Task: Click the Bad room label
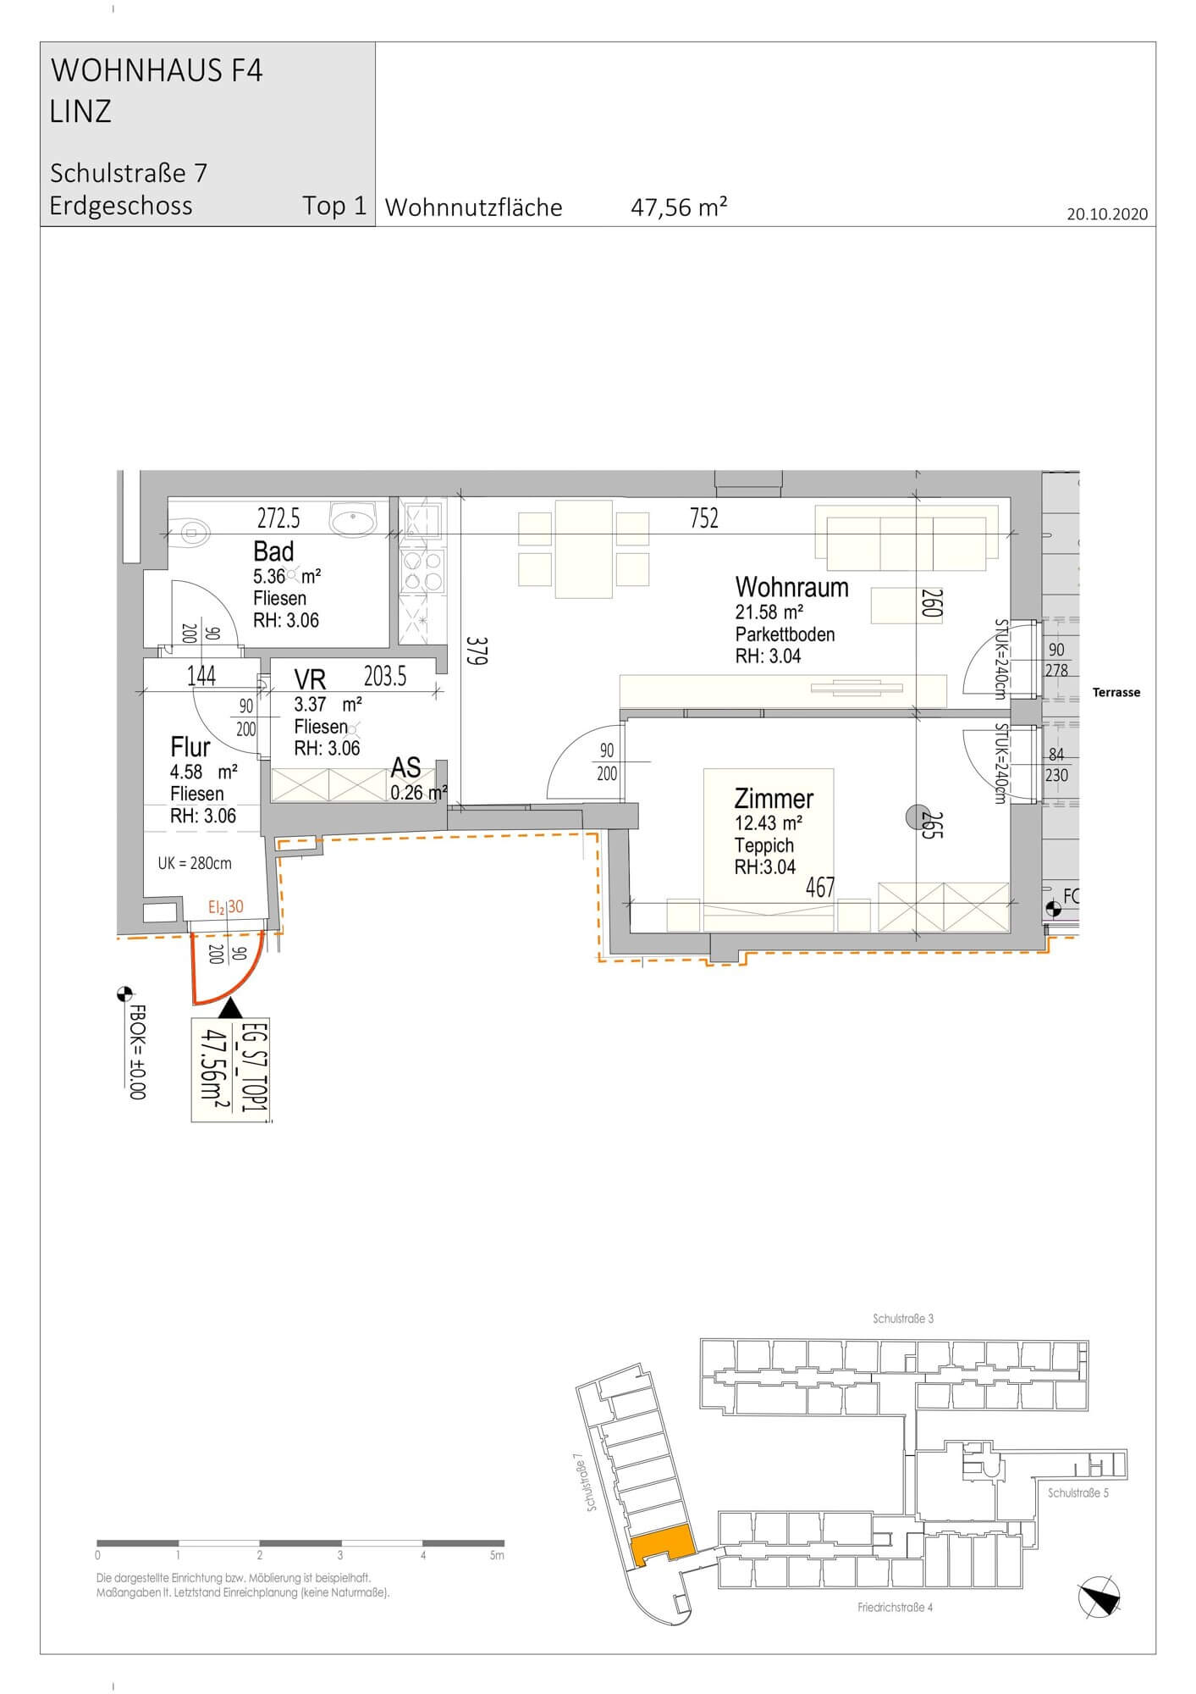(273, 552)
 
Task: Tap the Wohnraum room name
(791, 587)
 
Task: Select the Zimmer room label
(774, 799)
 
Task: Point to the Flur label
(190, 747)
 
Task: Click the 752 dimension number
(703, 518)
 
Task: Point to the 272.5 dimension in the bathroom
(278, 517)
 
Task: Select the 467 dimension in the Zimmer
(820, 887)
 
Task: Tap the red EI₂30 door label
(226, 907)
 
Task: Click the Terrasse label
(1116, 693)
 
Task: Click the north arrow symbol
(1101, 1599)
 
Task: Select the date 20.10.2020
(1107, 213)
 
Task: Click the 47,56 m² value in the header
(679, 208)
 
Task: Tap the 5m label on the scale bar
(497, 1555)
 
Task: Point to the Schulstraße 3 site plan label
(903, 1319)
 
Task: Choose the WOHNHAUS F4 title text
(157, 70)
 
